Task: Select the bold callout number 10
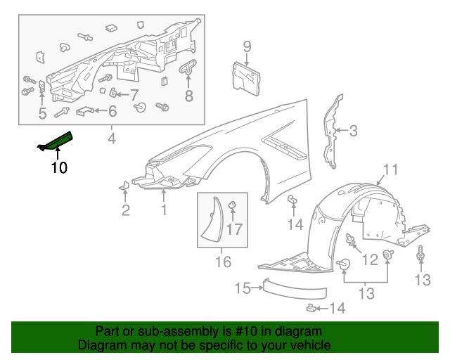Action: point(59,167)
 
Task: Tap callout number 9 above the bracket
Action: point(247,47)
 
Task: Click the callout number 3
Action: point(354,130)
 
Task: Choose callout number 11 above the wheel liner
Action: point(390,169)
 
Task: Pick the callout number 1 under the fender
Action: point(164,209)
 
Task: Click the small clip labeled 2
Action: point(124,186)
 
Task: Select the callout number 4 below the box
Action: point(111,139)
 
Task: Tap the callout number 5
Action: point(42,112)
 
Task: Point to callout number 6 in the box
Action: point(112,110)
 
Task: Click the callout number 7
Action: point(134,94)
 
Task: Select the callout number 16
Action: point(223,262)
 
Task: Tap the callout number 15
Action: point(243,288)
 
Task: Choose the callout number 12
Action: point(370,260)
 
